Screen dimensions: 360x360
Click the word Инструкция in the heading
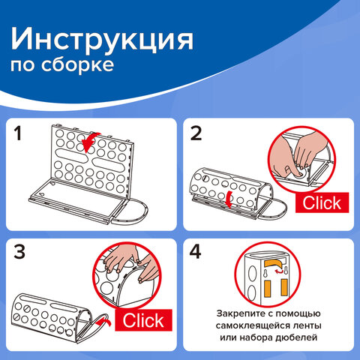coord(103,38)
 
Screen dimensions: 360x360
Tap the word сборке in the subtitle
coord(85,66)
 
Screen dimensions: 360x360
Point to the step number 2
coord(197,134)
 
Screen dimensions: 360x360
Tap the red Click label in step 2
coord(319,202)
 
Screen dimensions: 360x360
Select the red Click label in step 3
coord(142,320)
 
